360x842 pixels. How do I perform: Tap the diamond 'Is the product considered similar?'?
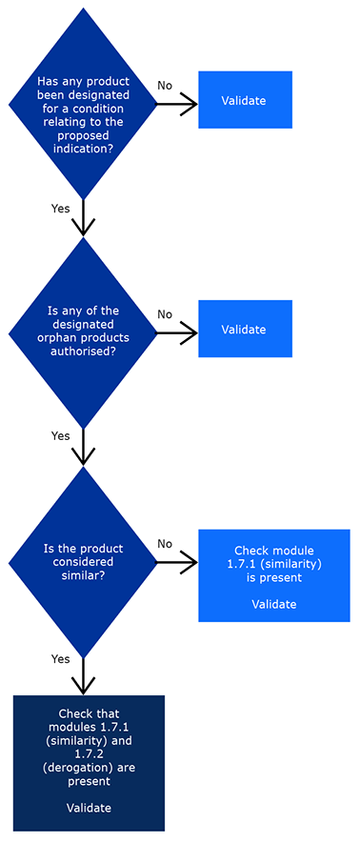click(83, 562)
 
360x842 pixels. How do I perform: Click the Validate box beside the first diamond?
click(244, 100)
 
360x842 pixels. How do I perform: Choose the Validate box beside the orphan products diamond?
click(244, 330)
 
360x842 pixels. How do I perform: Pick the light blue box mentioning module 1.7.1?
click(273, 575)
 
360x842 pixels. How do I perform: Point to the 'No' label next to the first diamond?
click(165, 86)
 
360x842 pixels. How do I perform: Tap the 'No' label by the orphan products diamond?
click(165, 314)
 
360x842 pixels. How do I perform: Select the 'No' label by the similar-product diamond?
click(165, 544)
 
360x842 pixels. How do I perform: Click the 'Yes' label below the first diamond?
click(60, 208)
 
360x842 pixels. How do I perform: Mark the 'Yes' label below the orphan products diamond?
click(60, 436)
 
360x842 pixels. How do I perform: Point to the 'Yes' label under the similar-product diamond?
click(60, 658)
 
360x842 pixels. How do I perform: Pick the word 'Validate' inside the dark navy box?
click(89, 808)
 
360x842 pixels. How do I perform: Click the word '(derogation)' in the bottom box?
click(89, 767)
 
